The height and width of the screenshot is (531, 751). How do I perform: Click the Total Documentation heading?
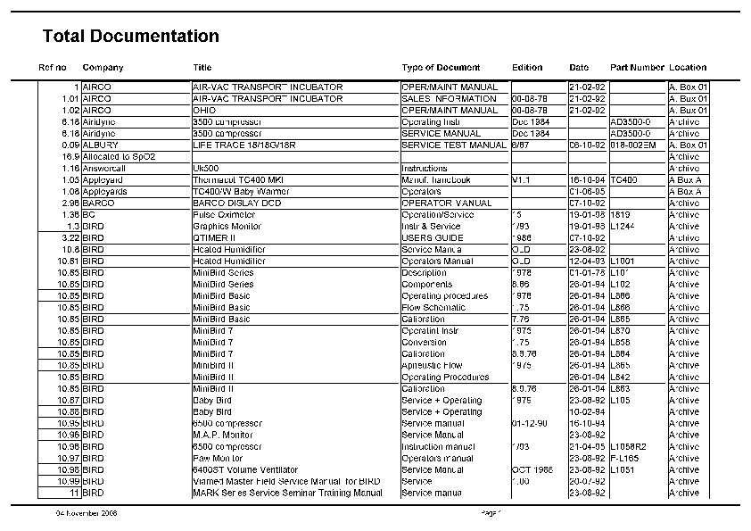click(130, 37)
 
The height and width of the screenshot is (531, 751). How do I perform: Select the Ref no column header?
click(52, 68)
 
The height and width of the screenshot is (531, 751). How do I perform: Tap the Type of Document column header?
click(441, 68)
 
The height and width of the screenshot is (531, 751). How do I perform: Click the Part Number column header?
click(637, 68)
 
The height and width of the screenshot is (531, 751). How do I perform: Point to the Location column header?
click(688, 68)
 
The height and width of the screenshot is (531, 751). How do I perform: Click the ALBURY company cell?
click(101, 145)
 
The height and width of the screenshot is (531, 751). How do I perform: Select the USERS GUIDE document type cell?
click(433, 237)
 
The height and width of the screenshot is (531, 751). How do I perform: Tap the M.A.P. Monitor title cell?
click(223, 435)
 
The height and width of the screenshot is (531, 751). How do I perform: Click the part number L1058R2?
click(630, 446)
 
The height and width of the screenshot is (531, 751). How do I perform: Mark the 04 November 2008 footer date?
click(87, 513)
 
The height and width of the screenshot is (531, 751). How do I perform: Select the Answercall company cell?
click(104, 168)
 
